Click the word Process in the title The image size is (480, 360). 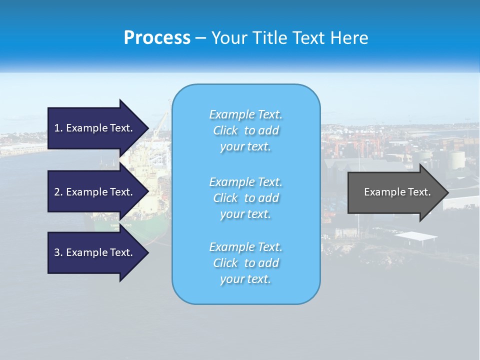point(157,38)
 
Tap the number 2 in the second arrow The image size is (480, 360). point(57,192)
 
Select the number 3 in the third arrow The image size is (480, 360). point(57,252)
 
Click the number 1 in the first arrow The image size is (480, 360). point(57,128)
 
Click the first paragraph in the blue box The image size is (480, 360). point(245,130)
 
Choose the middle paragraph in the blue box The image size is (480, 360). point(245,198)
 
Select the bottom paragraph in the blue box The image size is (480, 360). point(245,263)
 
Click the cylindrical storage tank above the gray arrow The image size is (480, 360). point(456,160)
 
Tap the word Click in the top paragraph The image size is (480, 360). point(225,130)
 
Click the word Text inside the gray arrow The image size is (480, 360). point(419,192)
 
